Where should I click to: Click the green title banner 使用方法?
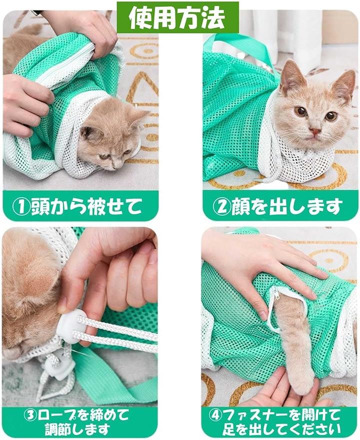[177, 17]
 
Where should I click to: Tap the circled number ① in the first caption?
[22, 207]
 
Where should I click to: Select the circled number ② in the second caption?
[221, 207]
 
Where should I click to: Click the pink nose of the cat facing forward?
[315, 131]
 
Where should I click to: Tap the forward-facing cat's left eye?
[300, 111]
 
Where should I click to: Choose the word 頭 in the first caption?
[39, 207]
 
